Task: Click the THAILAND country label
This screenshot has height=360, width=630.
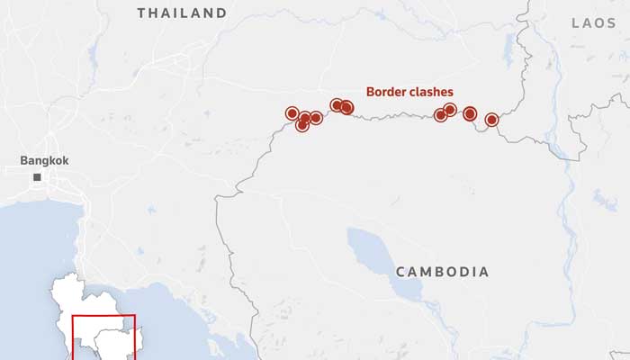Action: coord(182,13)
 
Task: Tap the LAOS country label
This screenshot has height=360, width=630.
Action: coord(594,22)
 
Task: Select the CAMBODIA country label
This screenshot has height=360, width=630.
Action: coord(442,272)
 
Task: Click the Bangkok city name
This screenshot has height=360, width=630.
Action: coord(44,160)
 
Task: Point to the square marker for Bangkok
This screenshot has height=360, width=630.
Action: coord(37,178)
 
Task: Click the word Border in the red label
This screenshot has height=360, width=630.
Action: coord(385,92)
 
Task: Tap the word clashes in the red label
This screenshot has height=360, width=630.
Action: coord(430,92)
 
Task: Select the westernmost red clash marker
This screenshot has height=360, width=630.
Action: coord(292,113)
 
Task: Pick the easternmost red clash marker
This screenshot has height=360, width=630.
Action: coord(491,120)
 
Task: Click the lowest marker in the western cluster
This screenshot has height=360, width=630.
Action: coord(302,125)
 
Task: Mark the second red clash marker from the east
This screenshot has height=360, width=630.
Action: coord(470,113)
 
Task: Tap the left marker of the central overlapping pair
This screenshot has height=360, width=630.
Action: coord(337,105)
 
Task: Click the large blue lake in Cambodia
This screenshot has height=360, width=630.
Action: coord(378,256)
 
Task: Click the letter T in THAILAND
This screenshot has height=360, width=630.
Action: coord(141,13)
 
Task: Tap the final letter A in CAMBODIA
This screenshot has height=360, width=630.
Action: coord(484,272)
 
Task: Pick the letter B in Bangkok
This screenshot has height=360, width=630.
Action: coord(24,160)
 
